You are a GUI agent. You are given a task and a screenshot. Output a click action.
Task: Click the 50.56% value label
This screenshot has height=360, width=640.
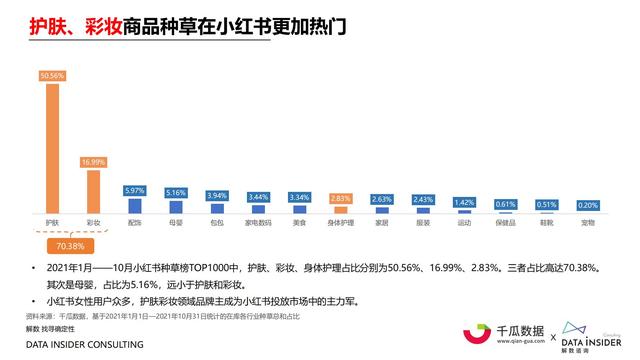pyautogui.click(x=52, y=75)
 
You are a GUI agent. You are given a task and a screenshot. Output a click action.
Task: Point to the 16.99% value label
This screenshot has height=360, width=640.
pyautogui.click(x=93, y=162)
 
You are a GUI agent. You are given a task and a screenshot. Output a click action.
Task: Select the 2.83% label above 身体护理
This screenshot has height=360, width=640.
pyautogui.click(x=341, y=198)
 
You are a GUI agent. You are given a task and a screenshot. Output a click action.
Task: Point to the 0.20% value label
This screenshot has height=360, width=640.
pyautogui.click(x=588, y=205)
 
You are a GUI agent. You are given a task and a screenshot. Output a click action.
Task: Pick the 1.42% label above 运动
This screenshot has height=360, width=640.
pyautogui.click(x=464, y=202)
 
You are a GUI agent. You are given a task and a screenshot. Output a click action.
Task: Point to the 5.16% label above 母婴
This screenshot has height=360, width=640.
pyautogui.click(x=176, y=192)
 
